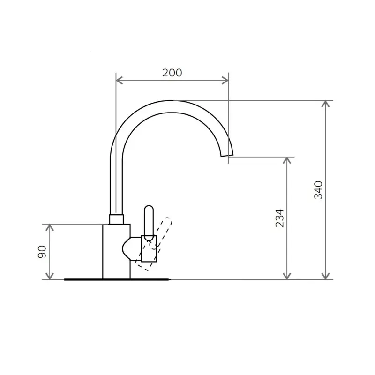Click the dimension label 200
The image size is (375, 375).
pos(172,73)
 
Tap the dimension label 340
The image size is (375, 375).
pos(318,190)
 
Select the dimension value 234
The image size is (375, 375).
pos(279,218)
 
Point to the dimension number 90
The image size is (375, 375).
pos(42,252)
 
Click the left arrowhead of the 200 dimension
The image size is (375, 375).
pos(119,81)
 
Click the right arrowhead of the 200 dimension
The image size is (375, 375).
pos(225,81)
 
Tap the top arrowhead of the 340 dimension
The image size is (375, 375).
pos(325,104)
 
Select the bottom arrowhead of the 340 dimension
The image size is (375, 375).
pos(325,276)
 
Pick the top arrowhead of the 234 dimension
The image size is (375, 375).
pos(287,160)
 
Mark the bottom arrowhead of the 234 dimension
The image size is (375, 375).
pos(287,276)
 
